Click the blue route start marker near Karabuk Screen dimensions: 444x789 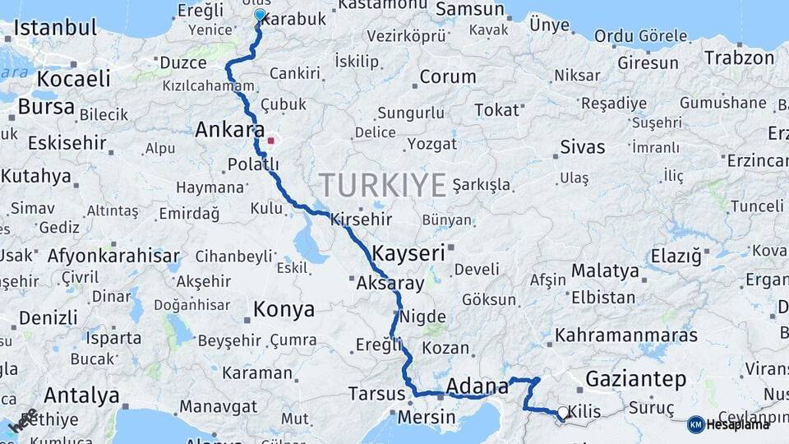click(x=260, y=15)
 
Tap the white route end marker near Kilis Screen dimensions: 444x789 click(x=563, y=413)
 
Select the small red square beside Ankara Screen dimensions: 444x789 click(x=270, y=141)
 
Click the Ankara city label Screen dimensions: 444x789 click(x=229, y=130)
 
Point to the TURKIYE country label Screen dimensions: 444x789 click(x=383, y=183)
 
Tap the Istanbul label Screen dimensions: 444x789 click(x=55, y=27)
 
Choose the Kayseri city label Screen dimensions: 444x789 click(x=408, y=252)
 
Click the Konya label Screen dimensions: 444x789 click(x=284, y=309)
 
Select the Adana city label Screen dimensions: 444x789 click(x=477, y=386)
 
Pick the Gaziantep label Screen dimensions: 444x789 click(x=635, y=379)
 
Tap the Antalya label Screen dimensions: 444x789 click(x=81, y=395)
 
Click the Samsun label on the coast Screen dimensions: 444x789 click(x=469, y=9)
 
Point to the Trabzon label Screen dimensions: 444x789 click(x=739, y=58)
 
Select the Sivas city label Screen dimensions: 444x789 click(x=582, y=147)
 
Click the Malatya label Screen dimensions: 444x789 click(x=605, y=271)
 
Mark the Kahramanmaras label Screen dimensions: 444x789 click(x=626, y=335)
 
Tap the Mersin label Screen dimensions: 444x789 click(x=427, y=417)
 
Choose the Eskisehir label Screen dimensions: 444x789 click(x=67, y=142)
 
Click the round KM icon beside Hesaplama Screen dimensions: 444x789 click(x=695, y=424)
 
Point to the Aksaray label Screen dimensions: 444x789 click(x=390, y=284)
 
